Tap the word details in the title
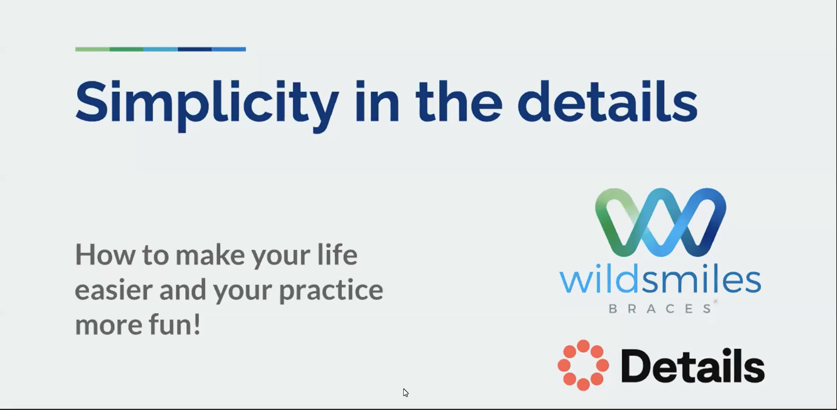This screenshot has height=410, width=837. click(x=608, y=101)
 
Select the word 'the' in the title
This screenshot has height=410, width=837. click(x=459, y=101)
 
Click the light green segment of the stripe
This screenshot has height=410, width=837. click(x=92, y=49)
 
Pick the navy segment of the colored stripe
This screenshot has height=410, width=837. click(x=195, y=49)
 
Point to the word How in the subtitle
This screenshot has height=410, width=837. click(x=105, y=255)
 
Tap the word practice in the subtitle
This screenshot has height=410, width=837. click(x=331, y=291)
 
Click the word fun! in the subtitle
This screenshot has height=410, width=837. click(x=175, y=324)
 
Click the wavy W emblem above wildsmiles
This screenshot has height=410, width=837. click(x=661, y=222)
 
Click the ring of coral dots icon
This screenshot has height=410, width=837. click(x=583, y=365)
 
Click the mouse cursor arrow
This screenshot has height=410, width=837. click(x=405, y=393)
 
